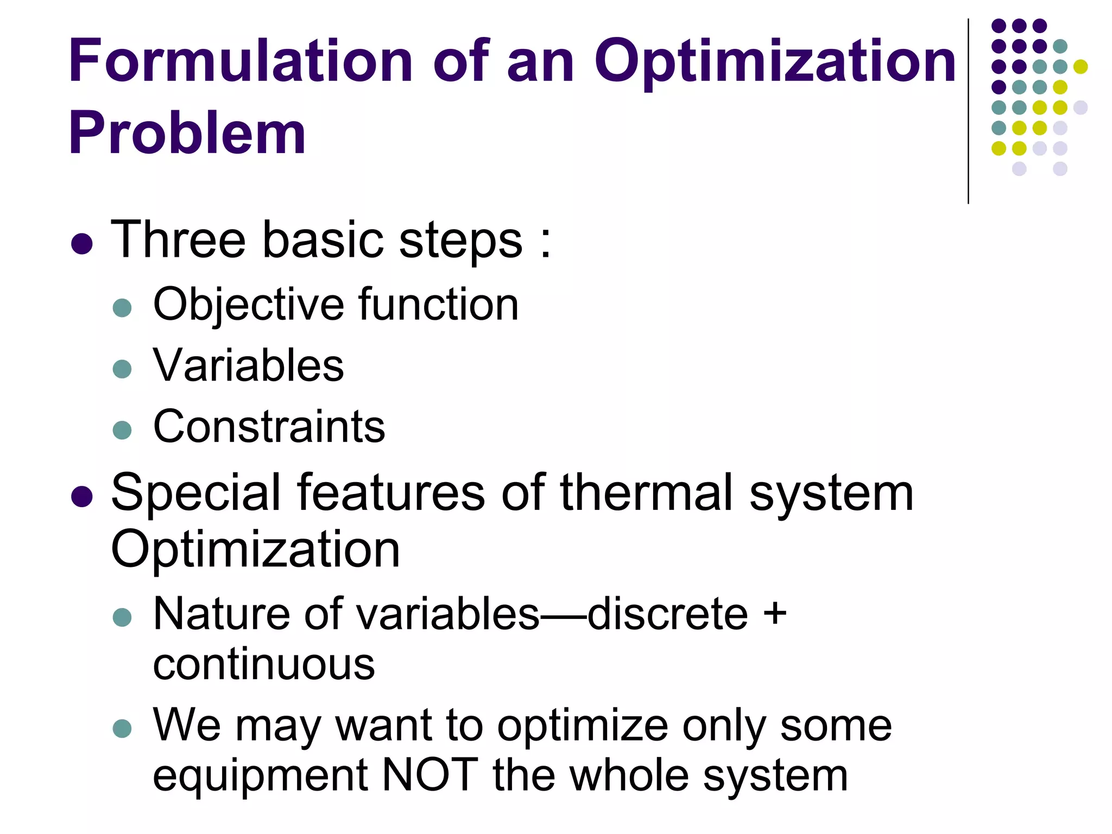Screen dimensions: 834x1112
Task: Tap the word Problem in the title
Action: coord(187,134)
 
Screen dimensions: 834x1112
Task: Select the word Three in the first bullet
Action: coord(178,240)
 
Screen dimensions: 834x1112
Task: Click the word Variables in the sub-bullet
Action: coord(248,365)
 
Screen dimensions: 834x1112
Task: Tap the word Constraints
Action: coord(269,426)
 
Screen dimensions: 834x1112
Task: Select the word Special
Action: coord(196,493)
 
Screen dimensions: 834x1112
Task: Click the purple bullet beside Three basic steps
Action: coord(81,244)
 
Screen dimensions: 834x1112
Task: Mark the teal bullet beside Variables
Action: coord(122,369)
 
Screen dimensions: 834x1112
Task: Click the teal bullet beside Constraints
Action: coord(122,430)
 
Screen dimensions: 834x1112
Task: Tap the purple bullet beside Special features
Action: coord(81,496)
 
